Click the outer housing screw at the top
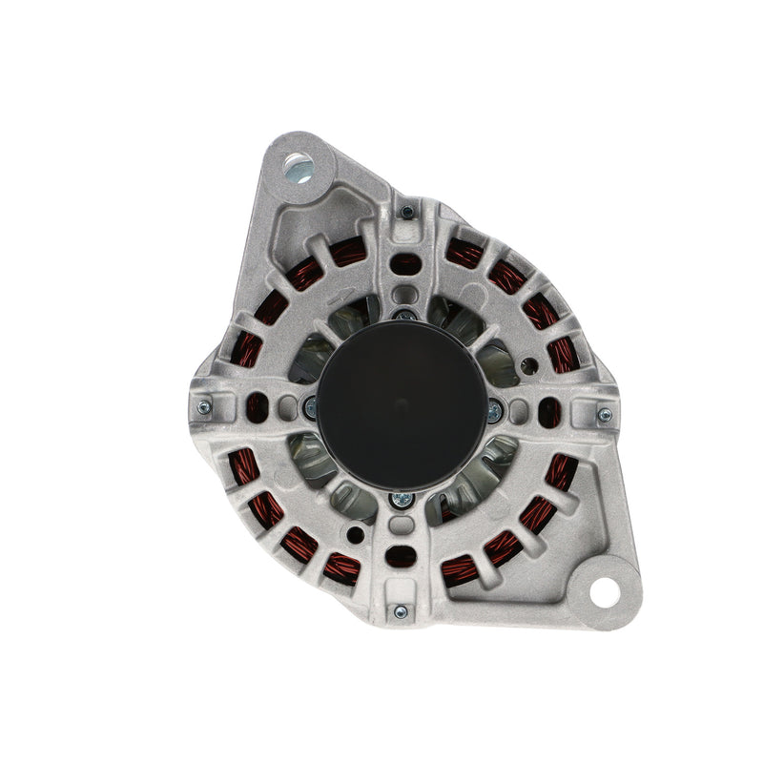(x=407, y=212)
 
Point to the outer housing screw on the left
(x=203, y=407)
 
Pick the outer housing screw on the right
(x=604, y=415)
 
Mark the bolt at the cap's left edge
(x=311, y=408)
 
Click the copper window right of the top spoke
(x=465, y=254)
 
